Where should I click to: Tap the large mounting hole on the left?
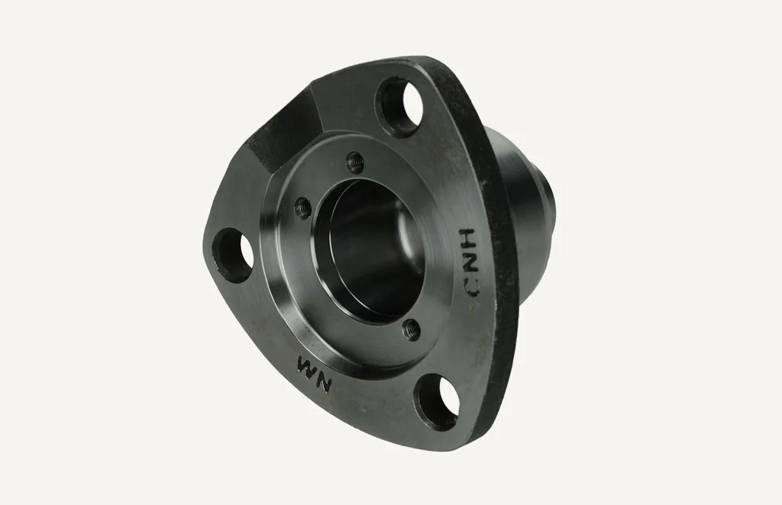pos(233,256)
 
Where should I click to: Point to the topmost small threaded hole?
pos(355,161)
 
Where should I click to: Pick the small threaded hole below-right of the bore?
pos(412,330)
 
